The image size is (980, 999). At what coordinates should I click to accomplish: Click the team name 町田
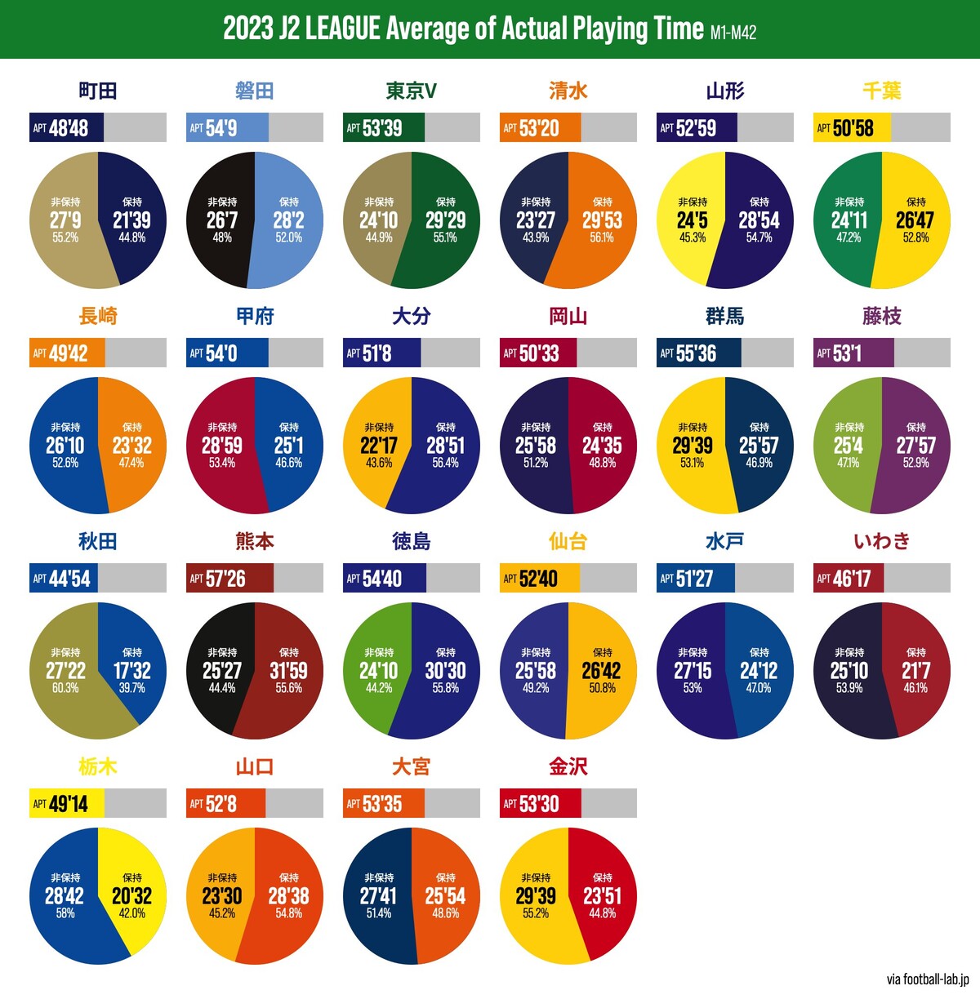[98, 91]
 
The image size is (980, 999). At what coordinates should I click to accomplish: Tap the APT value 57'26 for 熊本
[225, 579]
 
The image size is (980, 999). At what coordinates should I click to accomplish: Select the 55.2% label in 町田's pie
[65, 238]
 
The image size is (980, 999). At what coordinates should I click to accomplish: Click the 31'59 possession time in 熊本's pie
[289, 671]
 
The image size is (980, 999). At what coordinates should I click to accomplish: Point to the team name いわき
[882, 541]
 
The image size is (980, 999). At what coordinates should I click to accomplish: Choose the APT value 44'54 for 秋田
[69, 579]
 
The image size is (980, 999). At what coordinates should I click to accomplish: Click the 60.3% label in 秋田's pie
[65, 688]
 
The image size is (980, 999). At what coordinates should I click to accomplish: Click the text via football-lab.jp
[928, 979]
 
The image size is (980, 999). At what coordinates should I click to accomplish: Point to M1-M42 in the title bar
[733, 33]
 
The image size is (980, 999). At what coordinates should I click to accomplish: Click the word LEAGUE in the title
[342, 29]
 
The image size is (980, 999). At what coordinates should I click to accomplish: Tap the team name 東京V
[412, 91]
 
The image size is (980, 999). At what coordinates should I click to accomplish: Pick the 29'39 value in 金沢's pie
[536, 896]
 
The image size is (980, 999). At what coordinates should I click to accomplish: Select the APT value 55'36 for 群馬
[696, 353]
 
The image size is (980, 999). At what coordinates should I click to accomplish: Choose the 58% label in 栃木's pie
[65, 913]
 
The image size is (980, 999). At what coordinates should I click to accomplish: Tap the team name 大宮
[412, 766]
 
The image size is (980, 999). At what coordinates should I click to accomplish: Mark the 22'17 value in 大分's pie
[379, 446]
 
